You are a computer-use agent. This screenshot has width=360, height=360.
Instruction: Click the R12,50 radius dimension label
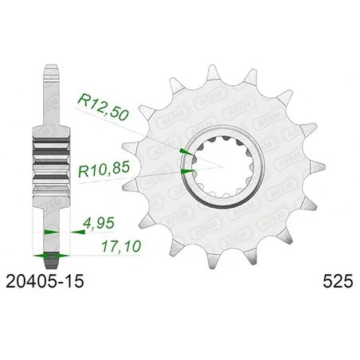(x=103, y=108)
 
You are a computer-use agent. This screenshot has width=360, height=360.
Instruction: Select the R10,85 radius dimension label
(x=104, y=169)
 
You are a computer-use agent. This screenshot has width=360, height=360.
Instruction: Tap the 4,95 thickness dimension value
(x=99, y=223)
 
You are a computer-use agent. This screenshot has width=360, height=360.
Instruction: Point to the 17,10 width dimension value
(x=121, y=247)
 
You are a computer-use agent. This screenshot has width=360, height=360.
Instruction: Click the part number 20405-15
(x=45, y=281)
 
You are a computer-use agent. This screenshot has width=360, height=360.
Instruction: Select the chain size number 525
(x=338, y=281)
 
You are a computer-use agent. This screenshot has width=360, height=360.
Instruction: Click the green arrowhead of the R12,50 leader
(x=187, y=152)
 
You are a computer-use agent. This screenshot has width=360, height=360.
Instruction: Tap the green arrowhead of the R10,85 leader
(x=188, y=171)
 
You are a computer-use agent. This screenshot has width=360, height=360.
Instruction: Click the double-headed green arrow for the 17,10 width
(x=51, y=256)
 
